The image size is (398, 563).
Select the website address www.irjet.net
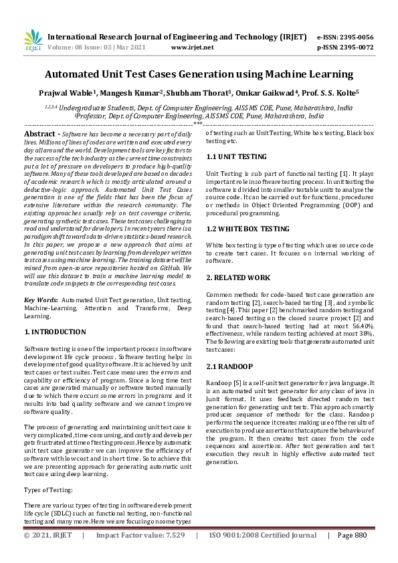pyautogui.click(x=192, y=48)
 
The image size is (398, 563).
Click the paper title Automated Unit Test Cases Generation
pyautogui.click(x=199, y=74)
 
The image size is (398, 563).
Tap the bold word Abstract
pyautogui.click(x=40, y=134)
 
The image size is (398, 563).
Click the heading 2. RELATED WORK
pyautogui.click(x=237, y=277)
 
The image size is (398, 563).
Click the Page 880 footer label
pyautogui.click(x=352, y=536)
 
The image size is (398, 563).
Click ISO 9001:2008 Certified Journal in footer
pyautogui.click(x=263, y=536)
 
